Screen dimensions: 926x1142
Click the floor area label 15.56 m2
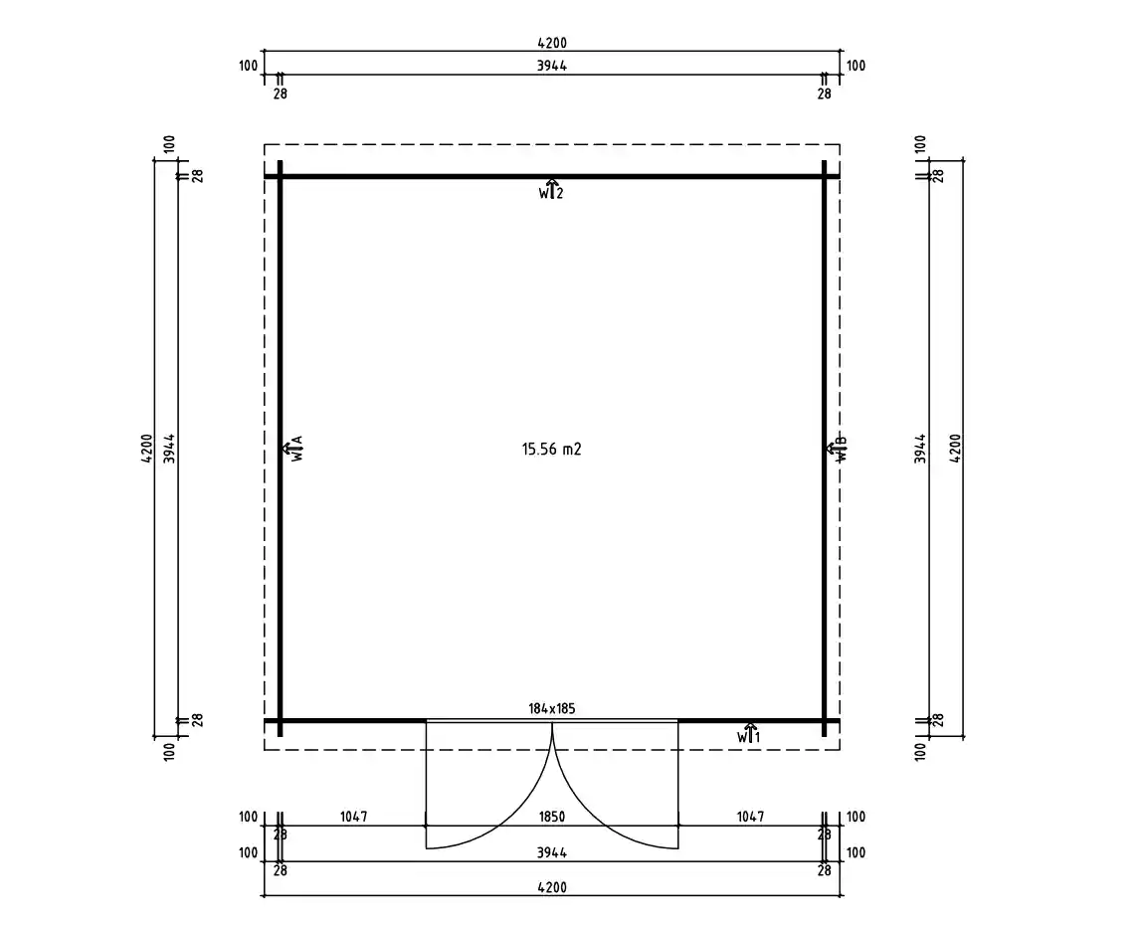click(551, 449)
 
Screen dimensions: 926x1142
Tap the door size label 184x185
click(551, 709)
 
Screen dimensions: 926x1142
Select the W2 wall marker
click(551, 191)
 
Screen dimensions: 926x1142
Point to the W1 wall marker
click(749, 734)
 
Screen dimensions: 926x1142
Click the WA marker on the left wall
click(295, 449)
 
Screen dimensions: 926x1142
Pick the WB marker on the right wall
click(838, 449)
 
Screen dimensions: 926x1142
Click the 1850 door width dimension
click(551, 817)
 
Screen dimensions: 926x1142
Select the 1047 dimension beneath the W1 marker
click(750, 817)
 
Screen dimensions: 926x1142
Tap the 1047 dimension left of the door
click(353, 817)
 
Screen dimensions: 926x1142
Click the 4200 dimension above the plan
click(551, 43)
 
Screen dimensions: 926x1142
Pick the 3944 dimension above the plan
click(551, 66)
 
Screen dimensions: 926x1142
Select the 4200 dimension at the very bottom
click(551, 887)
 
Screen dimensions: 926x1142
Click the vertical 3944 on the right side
click(921, 449)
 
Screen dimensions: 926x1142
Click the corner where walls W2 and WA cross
click(281, 177)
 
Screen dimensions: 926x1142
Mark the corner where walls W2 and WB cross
click(824, 177)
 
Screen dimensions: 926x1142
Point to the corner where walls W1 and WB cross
click(824, 720)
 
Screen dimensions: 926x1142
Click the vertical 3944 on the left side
click(170, 449)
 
